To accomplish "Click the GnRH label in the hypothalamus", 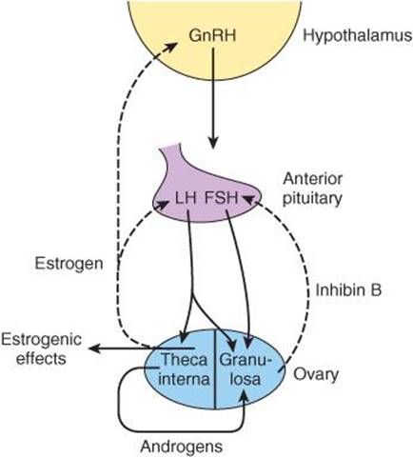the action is click(212, 35).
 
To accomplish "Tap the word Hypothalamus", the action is click(358, 36).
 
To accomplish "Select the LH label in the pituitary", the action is click(186, 198).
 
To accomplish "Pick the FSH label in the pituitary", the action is click(222, 198).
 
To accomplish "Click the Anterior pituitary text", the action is click(312, 189).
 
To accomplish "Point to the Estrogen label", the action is click(69, 264).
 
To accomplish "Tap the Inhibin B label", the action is click(348, 289).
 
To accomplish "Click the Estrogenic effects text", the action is click(41, 349).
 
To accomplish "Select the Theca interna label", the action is click(184, 369).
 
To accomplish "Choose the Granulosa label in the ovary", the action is click(246, 369).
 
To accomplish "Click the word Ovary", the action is click(316, 374).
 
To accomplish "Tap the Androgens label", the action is click(181, 447).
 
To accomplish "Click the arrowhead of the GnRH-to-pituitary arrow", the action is click(213, 143).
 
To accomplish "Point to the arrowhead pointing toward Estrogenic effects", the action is click(94, 348).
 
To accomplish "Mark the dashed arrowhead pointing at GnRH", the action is click(172, 47).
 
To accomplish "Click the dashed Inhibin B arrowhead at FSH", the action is click(249, 199).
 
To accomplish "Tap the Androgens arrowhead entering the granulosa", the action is click(245, 395).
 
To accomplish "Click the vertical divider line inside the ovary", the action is click(215, 369).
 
